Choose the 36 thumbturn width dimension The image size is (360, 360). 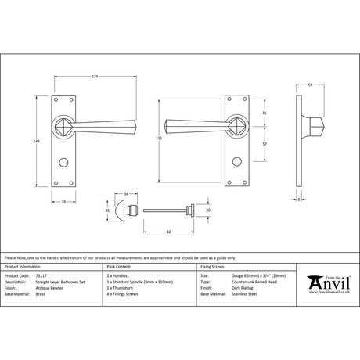pyautogui.click(x=127, y=195)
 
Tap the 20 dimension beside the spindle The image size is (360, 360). pyautogui.click(x=208, y=211)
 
